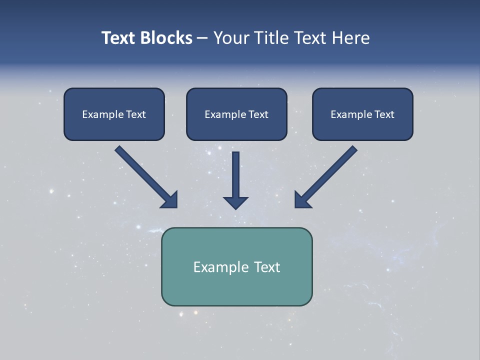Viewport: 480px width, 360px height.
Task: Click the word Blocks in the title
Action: click(166, 38)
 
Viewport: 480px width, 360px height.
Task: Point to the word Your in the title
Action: click(230, 38)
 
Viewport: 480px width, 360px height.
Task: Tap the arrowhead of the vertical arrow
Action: click(235, 203)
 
